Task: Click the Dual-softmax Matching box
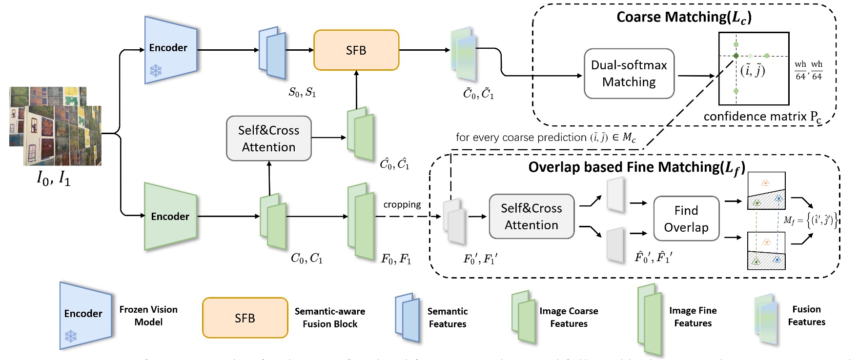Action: [x=629, y=73]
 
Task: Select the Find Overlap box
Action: [x=686, y=219]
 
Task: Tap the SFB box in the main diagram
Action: [x=356, y=50]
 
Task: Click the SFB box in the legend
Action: [x=245, y=318]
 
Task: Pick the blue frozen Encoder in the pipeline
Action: [x=170, y=50]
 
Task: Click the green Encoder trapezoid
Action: [x=170, y=216]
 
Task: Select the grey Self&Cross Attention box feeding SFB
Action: [x=268, y=139]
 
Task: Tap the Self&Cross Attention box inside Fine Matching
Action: [x=531, y=217]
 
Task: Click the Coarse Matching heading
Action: [x=683, y=18]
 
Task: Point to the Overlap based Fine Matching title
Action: [x=636, y=168]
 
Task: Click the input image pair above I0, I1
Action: [x=55, y=126]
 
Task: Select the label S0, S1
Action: [x=302, y=92]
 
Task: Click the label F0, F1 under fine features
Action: [x=396, y=259]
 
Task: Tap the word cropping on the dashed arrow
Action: [x=402, y=204]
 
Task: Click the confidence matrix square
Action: [x=754, y=69]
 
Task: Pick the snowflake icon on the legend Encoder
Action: [x=71, y=336]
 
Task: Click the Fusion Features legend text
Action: [x=806, y=316]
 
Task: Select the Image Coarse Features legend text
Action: [x=568, y=317]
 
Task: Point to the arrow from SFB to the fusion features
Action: [x=424, y=50]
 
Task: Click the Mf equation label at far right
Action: [x=810, y=220]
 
